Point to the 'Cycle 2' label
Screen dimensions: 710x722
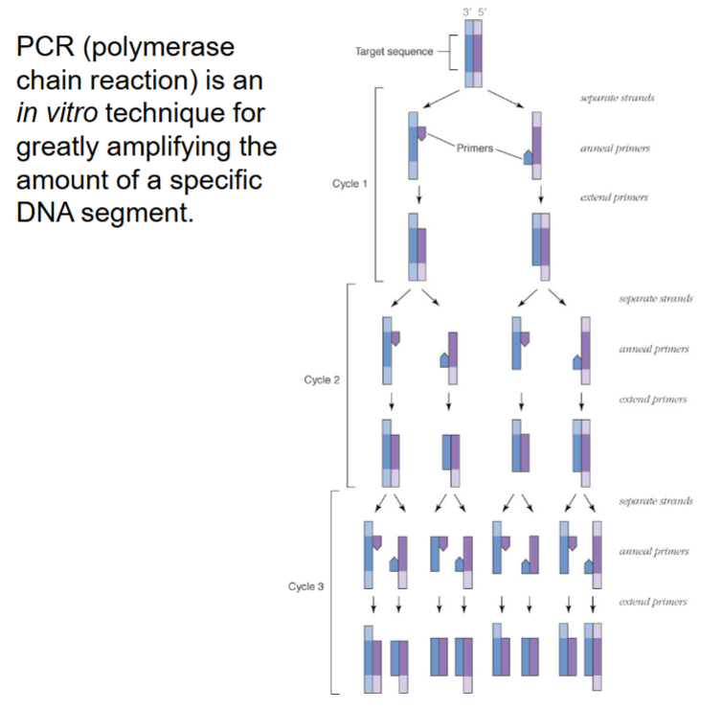[x=322, y=379]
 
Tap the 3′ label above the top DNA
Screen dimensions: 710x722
[x=467, y=11]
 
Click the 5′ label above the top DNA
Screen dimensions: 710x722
[x=483, y=11]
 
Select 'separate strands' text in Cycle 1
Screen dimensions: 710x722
[x=617, y=99]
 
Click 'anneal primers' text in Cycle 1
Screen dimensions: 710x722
[x=616, y=149]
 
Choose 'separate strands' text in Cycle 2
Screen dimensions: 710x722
[x=656, y=298]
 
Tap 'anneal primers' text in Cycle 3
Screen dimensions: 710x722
[x=654, y=552]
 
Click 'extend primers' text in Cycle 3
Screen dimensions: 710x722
[x=654, y=602]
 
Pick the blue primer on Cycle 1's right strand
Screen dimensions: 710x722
[x=529, y=157]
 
